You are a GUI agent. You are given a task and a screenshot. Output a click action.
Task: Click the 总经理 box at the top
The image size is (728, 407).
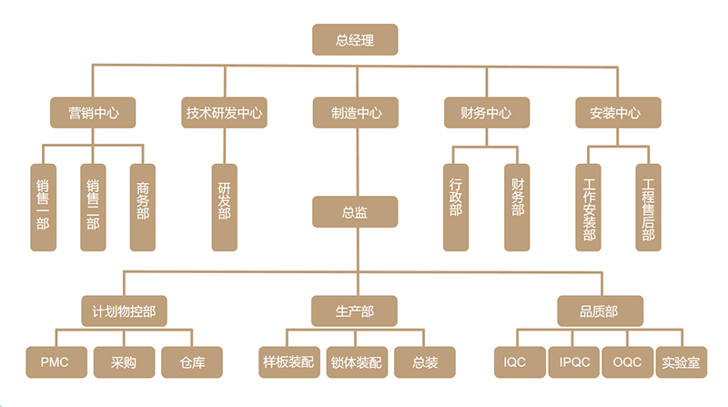[355, 39]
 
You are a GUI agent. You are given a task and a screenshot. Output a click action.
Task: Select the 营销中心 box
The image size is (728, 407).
[92, 113]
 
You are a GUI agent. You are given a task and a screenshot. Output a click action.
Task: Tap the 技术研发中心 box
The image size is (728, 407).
[224, 113]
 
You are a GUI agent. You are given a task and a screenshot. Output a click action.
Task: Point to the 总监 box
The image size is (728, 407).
[355, 212]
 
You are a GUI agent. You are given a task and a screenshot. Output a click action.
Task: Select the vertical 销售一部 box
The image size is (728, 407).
[43, 207]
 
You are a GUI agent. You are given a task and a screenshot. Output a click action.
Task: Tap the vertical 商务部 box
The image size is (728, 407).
[142, 207]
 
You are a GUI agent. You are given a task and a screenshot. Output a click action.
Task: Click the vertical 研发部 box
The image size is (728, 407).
[224, 207]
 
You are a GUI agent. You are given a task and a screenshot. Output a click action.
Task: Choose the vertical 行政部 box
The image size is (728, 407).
[456, 207]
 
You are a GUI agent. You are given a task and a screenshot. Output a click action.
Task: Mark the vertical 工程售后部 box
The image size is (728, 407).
[648, 207]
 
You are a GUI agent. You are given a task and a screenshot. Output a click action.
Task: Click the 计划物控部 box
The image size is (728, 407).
[125, 310]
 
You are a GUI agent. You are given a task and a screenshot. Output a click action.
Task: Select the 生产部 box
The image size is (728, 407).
[355, 310]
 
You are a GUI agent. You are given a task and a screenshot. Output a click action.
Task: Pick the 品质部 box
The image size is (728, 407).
[599, 310]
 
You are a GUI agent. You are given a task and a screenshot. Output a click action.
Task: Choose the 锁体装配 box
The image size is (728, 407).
[356, 362]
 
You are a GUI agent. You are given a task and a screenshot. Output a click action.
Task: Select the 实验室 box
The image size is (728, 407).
[681, 362]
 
